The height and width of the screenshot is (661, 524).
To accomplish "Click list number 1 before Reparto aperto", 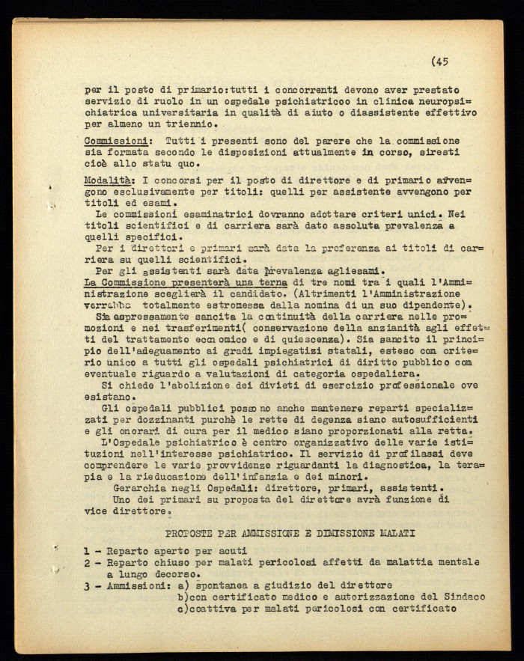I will coord(88,552).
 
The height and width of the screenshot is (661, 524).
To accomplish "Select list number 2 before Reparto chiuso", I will coord(88,562).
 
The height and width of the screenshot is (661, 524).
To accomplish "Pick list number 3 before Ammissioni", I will coord(88,585).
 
